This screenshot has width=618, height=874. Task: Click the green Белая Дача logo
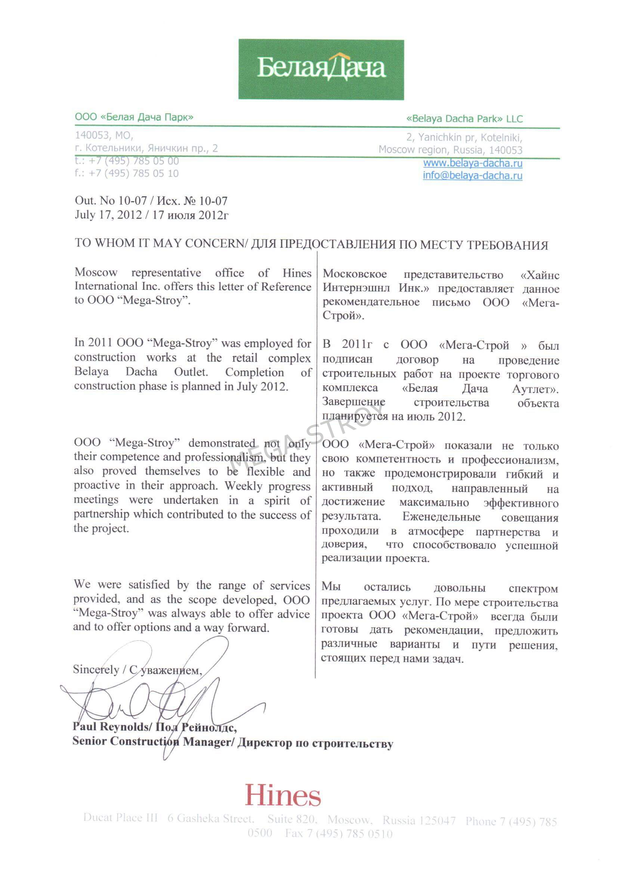pos(321,69)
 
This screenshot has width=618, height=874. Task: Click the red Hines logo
pos(283,795)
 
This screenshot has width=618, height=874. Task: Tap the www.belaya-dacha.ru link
pos(472,163)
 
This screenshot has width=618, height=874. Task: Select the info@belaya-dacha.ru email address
pos(472,175)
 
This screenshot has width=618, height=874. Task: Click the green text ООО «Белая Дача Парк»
pos(134,117)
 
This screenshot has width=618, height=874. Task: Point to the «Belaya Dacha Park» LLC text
pos(464,119)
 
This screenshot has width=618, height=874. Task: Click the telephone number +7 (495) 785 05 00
pos(133,161)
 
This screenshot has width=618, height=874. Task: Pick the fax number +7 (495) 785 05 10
pos(133,173)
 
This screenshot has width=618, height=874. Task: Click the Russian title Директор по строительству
pos(315,743)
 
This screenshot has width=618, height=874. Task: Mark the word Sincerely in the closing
pos(96,669)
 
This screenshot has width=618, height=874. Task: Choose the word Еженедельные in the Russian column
pos(441,517)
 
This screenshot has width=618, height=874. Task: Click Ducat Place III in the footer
pos(120,818)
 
